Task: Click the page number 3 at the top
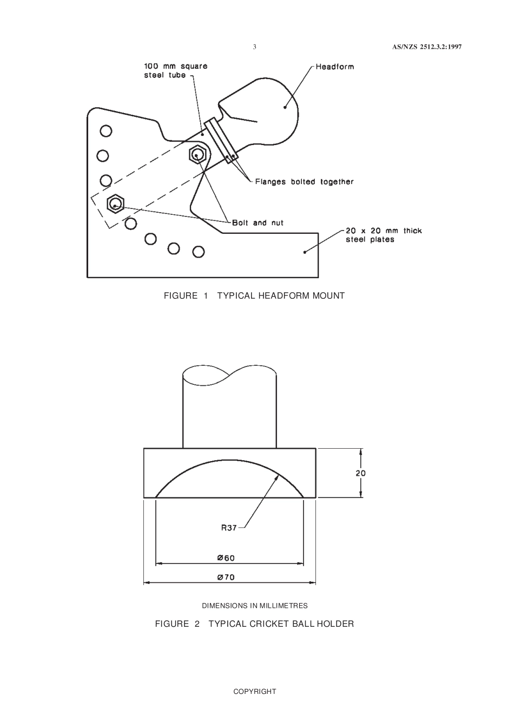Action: (254, 47)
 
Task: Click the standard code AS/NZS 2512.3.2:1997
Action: (427, 47)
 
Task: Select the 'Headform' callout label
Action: (334, 67)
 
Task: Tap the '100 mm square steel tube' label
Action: (175, 71)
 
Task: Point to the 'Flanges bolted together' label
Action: (304, 182)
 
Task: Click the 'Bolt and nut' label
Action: (258, 222)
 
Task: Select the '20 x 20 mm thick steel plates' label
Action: (384, 235)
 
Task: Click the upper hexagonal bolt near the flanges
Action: (196, 154)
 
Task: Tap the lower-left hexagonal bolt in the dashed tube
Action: (115, 204)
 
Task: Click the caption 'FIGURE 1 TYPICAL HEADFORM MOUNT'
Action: (254, 296)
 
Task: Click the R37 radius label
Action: (229, 528)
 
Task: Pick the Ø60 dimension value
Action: (226, 558)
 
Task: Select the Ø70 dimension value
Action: (226, 578)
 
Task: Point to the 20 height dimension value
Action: (360, 473)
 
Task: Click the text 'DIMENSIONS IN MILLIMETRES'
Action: (255, 606)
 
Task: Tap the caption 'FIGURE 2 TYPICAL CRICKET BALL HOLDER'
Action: (254, 624)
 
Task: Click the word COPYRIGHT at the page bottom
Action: (254, 691)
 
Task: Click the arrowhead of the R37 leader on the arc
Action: (278, 475)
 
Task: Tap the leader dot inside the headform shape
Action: (285, 107)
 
